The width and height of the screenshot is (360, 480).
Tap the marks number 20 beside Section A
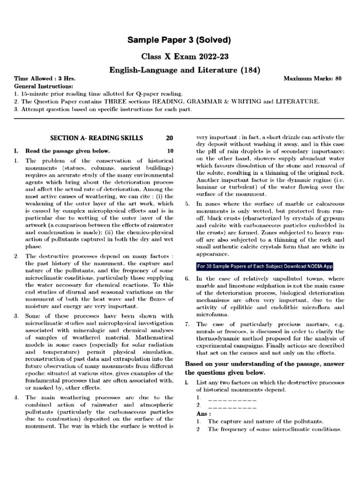pos(170,138)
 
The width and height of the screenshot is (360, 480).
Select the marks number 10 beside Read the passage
pos(170,151)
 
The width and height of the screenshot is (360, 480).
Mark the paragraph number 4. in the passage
pos(16,398)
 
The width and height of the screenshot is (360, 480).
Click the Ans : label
pos(203,414)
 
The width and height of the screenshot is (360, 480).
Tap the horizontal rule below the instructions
pos(180,120)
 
